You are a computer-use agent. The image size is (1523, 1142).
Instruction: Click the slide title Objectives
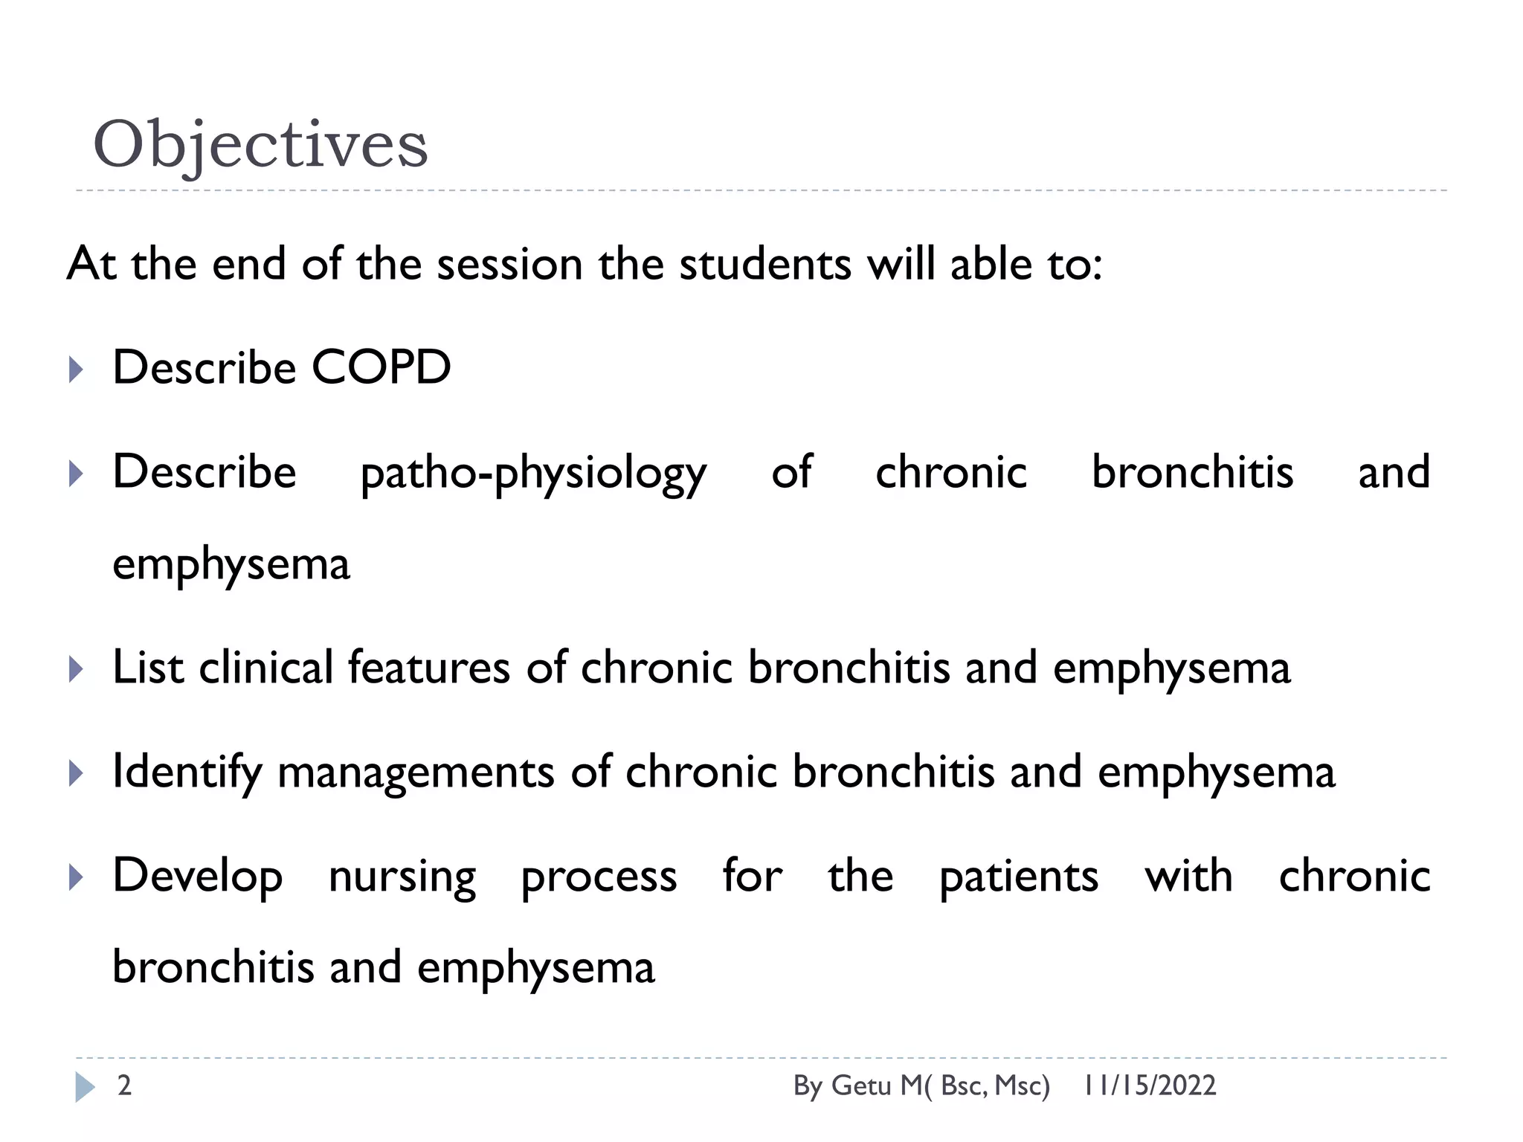260,144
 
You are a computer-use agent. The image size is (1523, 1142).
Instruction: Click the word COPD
381,367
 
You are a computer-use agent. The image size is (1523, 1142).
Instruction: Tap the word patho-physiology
533,473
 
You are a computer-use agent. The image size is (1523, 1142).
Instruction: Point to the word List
147,667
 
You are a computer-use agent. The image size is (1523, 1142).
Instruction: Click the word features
428,667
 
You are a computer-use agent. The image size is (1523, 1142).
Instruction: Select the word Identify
187,772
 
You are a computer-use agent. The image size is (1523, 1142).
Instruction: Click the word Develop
197,877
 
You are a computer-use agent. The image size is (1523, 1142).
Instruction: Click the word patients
1018,877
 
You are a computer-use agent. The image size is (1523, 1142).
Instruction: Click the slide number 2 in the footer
124,1085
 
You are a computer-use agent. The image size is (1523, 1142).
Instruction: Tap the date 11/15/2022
1149,1085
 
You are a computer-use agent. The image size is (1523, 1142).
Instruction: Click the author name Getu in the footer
860,1085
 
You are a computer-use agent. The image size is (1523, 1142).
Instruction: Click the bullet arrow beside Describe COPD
76,369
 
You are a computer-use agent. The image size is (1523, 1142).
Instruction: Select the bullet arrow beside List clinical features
76,668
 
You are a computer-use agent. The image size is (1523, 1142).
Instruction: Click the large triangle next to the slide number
85,1087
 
